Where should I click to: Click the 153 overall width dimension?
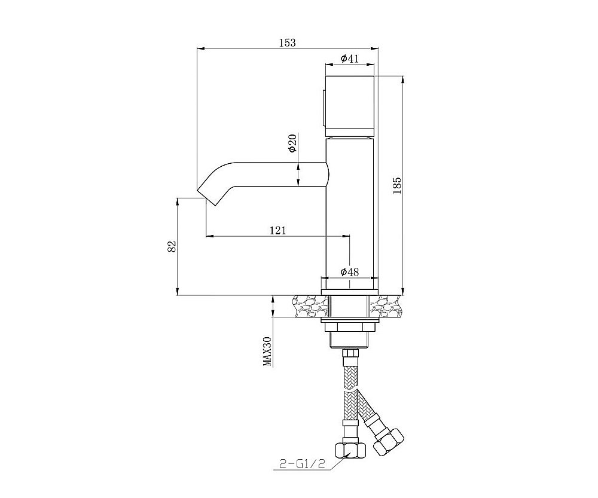pyautogui.click(x=287, y=42)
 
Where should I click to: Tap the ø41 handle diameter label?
pyautogui.click(x=350, y=59)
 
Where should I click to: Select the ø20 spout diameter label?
pyautogui.click(x=293, y=143)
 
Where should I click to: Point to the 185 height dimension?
pyautogui.click(x=398, y=185)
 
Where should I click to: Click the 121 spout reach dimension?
pyautogui.click(x=277, y=230)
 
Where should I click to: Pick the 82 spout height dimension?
pyautogui.click(x=172, y=247)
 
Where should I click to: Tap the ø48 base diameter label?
pyautogui.click(x=350, y=272)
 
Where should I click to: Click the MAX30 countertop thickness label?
pyautogui.click(x=268, y=352)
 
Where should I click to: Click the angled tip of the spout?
pyautogui.click(x=207, y=197)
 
